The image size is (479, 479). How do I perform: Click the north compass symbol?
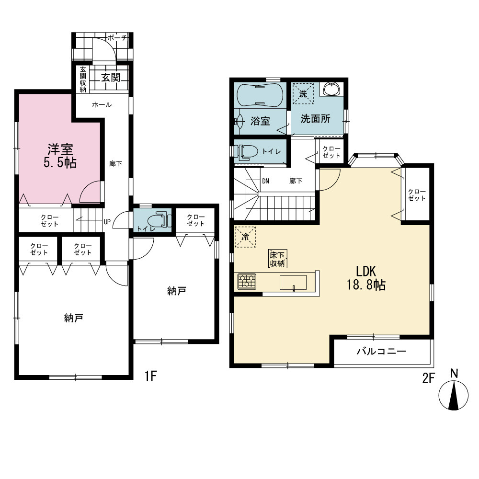coord(454,395)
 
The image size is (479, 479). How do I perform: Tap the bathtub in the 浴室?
coord(259,95)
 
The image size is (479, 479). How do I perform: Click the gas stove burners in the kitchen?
coord(247,281)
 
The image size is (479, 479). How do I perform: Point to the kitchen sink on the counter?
coord(293,282)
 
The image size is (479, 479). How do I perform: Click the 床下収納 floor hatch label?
coord(278,259)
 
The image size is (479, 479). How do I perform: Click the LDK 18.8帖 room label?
coord(366,278)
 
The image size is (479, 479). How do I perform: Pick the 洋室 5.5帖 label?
coord(60,156)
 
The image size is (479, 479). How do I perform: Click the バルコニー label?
coord(382,351)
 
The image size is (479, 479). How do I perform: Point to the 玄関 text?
coord(111,77)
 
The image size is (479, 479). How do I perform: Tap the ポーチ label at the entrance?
coord(117,38)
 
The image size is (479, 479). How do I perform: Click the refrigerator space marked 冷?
coord(245,237)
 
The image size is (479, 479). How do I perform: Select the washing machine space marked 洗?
coord(303,93)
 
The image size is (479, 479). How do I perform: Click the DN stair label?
coord(265,181)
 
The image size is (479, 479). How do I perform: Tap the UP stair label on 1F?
coord(107,222)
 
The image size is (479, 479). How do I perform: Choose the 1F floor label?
coord(150,376)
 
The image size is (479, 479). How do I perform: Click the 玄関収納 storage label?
coord(83,79)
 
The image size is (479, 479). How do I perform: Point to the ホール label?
coord(102,105)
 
